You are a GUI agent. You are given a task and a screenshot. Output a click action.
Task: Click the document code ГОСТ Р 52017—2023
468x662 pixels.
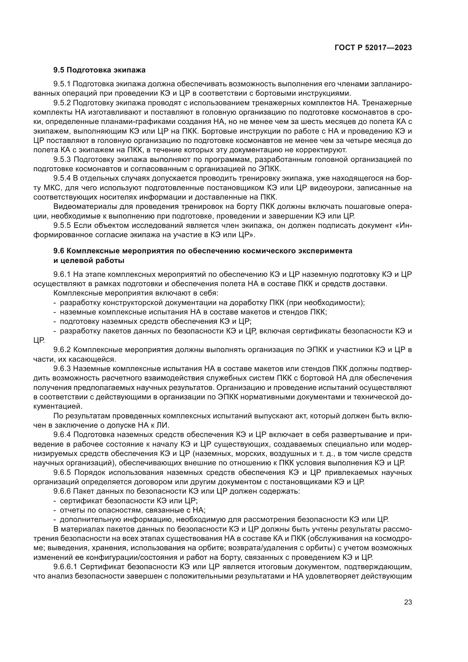(373, 48)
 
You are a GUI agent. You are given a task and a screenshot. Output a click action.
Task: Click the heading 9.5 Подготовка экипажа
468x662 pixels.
(99, 70)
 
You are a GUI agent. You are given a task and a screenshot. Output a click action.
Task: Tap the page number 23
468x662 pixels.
(408, 602)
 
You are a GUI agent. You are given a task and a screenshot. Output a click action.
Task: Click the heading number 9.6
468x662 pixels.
(59, 251)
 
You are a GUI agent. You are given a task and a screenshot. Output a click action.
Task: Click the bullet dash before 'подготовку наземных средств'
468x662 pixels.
(55, 321)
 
